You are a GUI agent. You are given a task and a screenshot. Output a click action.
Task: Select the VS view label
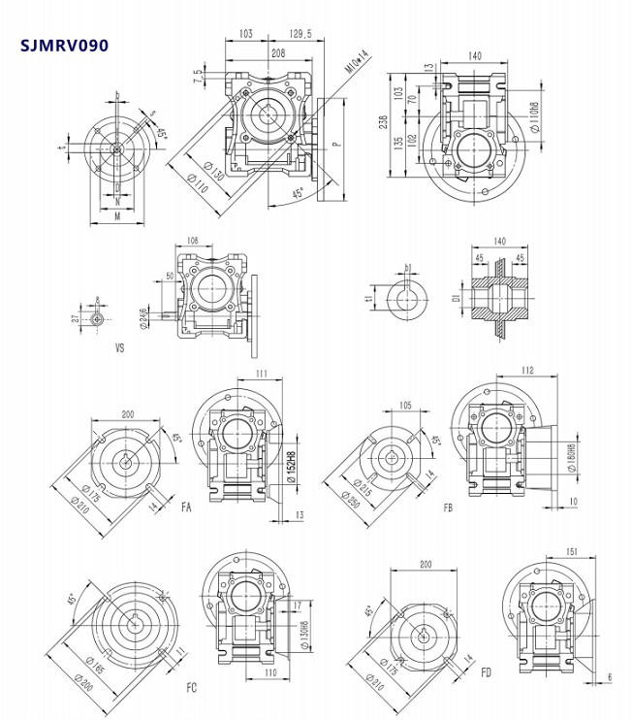click(120, 344)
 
